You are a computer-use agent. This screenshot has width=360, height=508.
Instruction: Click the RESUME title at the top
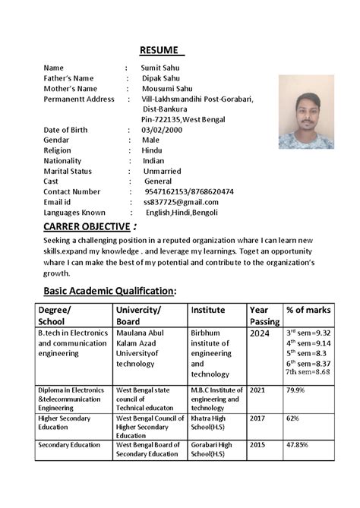pos(162,50)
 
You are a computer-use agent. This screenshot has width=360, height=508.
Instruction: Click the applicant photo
pos(306,111)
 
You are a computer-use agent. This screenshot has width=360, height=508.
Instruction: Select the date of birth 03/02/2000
pos(164,130)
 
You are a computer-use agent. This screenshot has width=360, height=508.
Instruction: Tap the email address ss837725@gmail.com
pos(181,202)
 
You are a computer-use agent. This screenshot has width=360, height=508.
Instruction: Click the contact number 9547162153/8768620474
pos(188,191)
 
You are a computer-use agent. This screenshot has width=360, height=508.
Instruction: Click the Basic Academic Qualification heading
pos(110,291)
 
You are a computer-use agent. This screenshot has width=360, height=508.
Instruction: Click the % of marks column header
pos(308,310)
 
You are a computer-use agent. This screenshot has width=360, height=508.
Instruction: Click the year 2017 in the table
pos(258,418)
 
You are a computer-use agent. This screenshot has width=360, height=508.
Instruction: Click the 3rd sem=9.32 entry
pos(308,333)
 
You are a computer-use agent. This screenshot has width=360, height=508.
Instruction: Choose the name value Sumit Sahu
pos(162,68)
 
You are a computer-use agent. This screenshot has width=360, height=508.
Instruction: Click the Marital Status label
pos(74,171)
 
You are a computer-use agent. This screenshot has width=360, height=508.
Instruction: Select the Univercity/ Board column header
pos(138,316)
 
